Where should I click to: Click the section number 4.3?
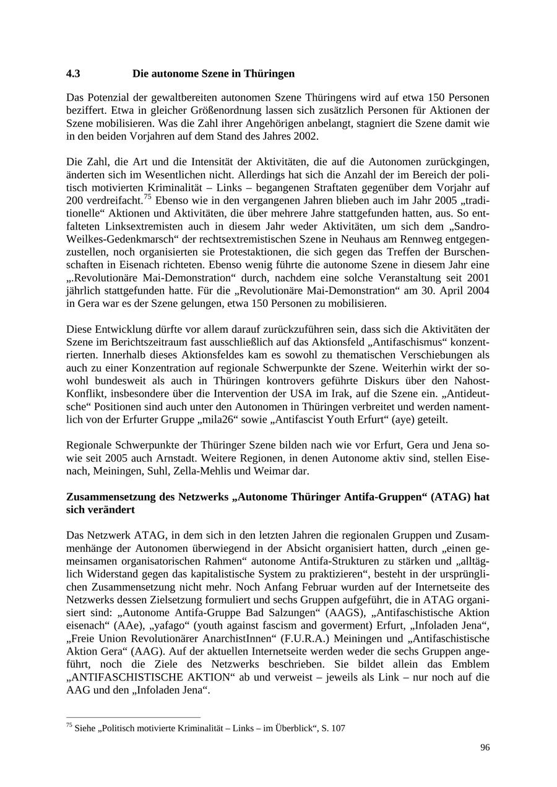73,74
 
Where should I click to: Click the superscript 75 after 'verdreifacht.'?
148,197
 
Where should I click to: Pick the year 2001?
477,278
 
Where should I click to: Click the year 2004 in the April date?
477,291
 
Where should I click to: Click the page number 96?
485,747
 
